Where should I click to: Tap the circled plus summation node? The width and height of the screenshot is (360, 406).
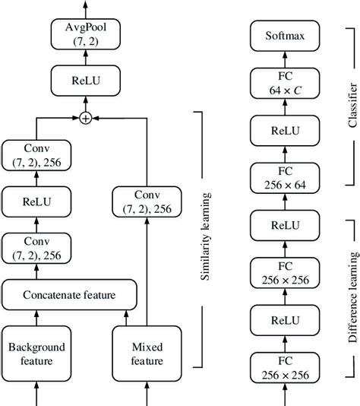pos(85,118)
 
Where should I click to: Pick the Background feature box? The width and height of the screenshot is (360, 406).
pos(36,354)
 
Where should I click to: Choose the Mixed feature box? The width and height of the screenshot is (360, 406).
pos(147,354)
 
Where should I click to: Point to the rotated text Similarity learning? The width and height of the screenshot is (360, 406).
pos(204,236)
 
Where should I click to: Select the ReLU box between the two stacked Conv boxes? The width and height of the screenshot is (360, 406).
pos(36,202)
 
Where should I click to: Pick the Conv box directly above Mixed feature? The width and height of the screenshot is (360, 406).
pos(147,201)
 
